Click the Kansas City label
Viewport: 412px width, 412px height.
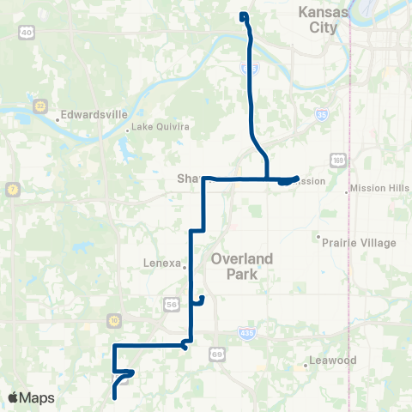[323, 19]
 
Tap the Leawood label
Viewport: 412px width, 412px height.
[335, 360]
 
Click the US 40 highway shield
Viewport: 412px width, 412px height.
[27, 33]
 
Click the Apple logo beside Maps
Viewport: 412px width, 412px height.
[14, 397]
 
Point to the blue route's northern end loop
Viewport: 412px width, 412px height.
[244, 15]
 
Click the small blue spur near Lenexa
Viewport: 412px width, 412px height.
[200, 300]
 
